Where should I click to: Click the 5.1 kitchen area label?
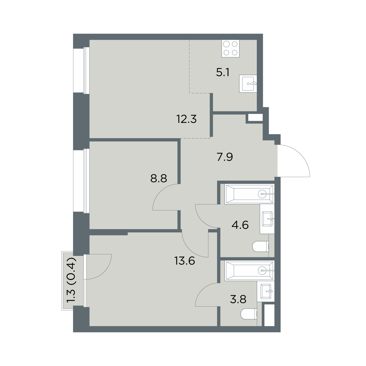point(223,72)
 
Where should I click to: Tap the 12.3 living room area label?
point(187,119)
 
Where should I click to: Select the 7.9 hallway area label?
point(225,157)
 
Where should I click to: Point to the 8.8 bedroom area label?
point(159,178)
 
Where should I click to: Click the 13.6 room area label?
point(185,261)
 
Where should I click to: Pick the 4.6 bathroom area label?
point(240,225)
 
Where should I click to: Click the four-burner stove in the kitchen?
point(230,48)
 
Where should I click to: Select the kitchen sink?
point(248,84)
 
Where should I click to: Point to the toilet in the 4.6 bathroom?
point(260,246)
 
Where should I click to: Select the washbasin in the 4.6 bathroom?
point(267,219)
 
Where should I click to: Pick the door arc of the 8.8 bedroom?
point(160,192)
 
